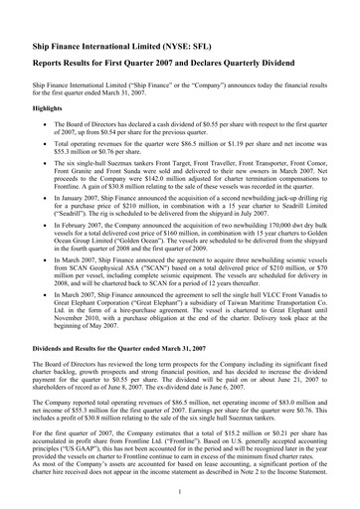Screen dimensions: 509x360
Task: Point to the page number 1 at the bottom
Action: click(179, 492)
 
